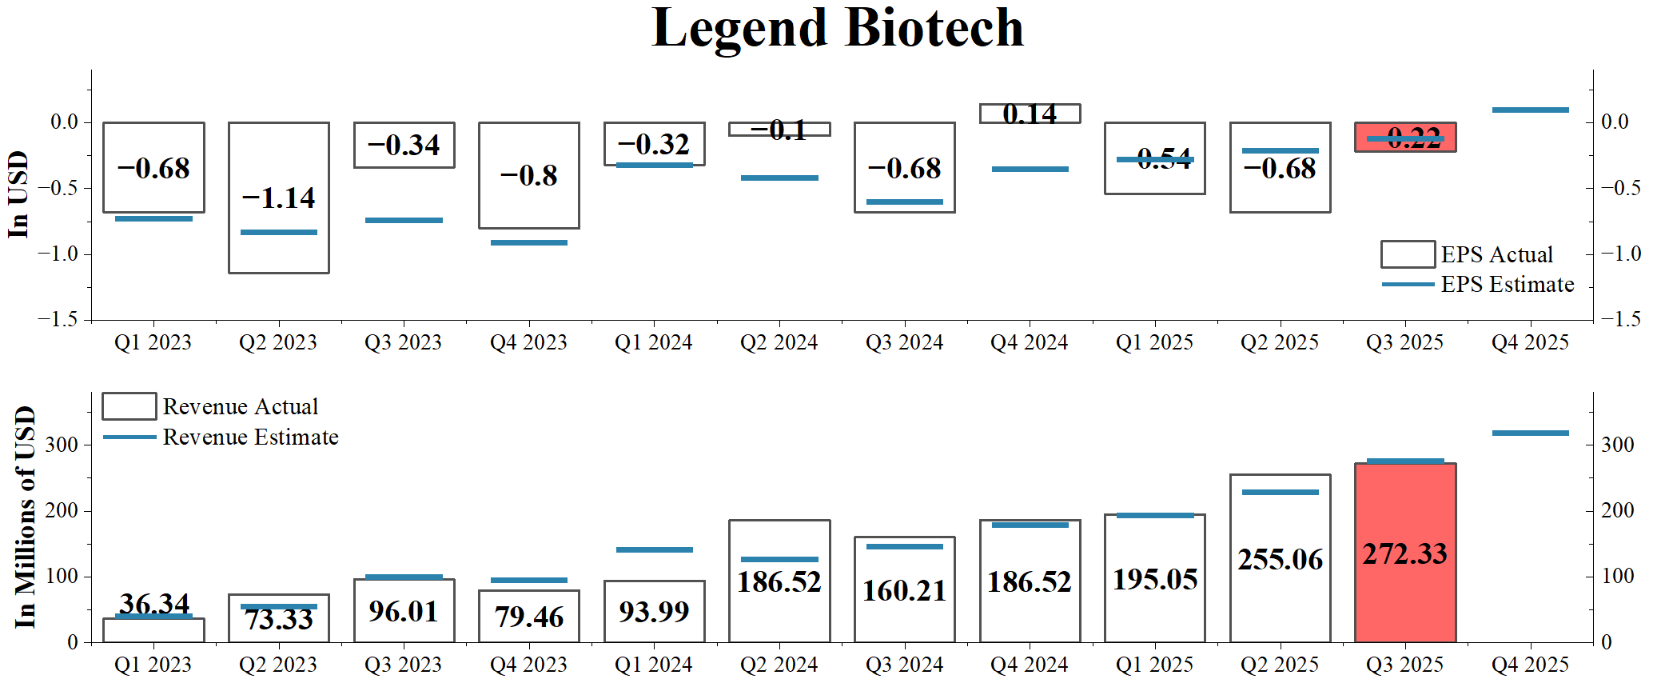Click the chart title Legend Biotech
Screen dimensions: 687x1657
tap(837, 29)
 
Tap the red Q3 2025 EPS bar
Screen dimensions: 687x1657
tap(1404, 137)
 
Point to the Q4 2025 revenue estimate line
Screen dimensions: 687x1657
tap(1530, 433)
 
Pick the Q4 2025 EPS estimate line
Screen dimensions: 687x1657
tap(1530, 110)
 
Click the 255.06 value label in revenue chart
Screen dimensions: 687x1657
tap(1280, 559)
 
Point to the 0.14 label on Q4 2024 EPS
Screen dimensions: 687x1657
tap(1030, 114)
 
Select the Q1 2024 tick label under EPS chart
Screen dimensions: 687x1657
tap(653, 342)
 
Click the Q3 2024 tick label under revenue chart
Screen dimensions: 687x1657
tap(904, 665)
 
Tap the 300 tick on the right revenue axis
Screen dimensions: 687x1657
tap(1617, 445)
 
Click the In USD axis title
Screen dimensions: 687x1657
tap(18, 194)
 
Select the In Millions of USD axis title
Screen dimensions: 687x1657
tap(25, 517)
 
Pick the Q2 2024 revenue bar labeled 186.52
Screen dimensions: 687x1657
tap(779, 581)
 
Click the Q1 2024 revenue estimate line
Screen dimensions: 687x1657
tap(654, 549)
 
